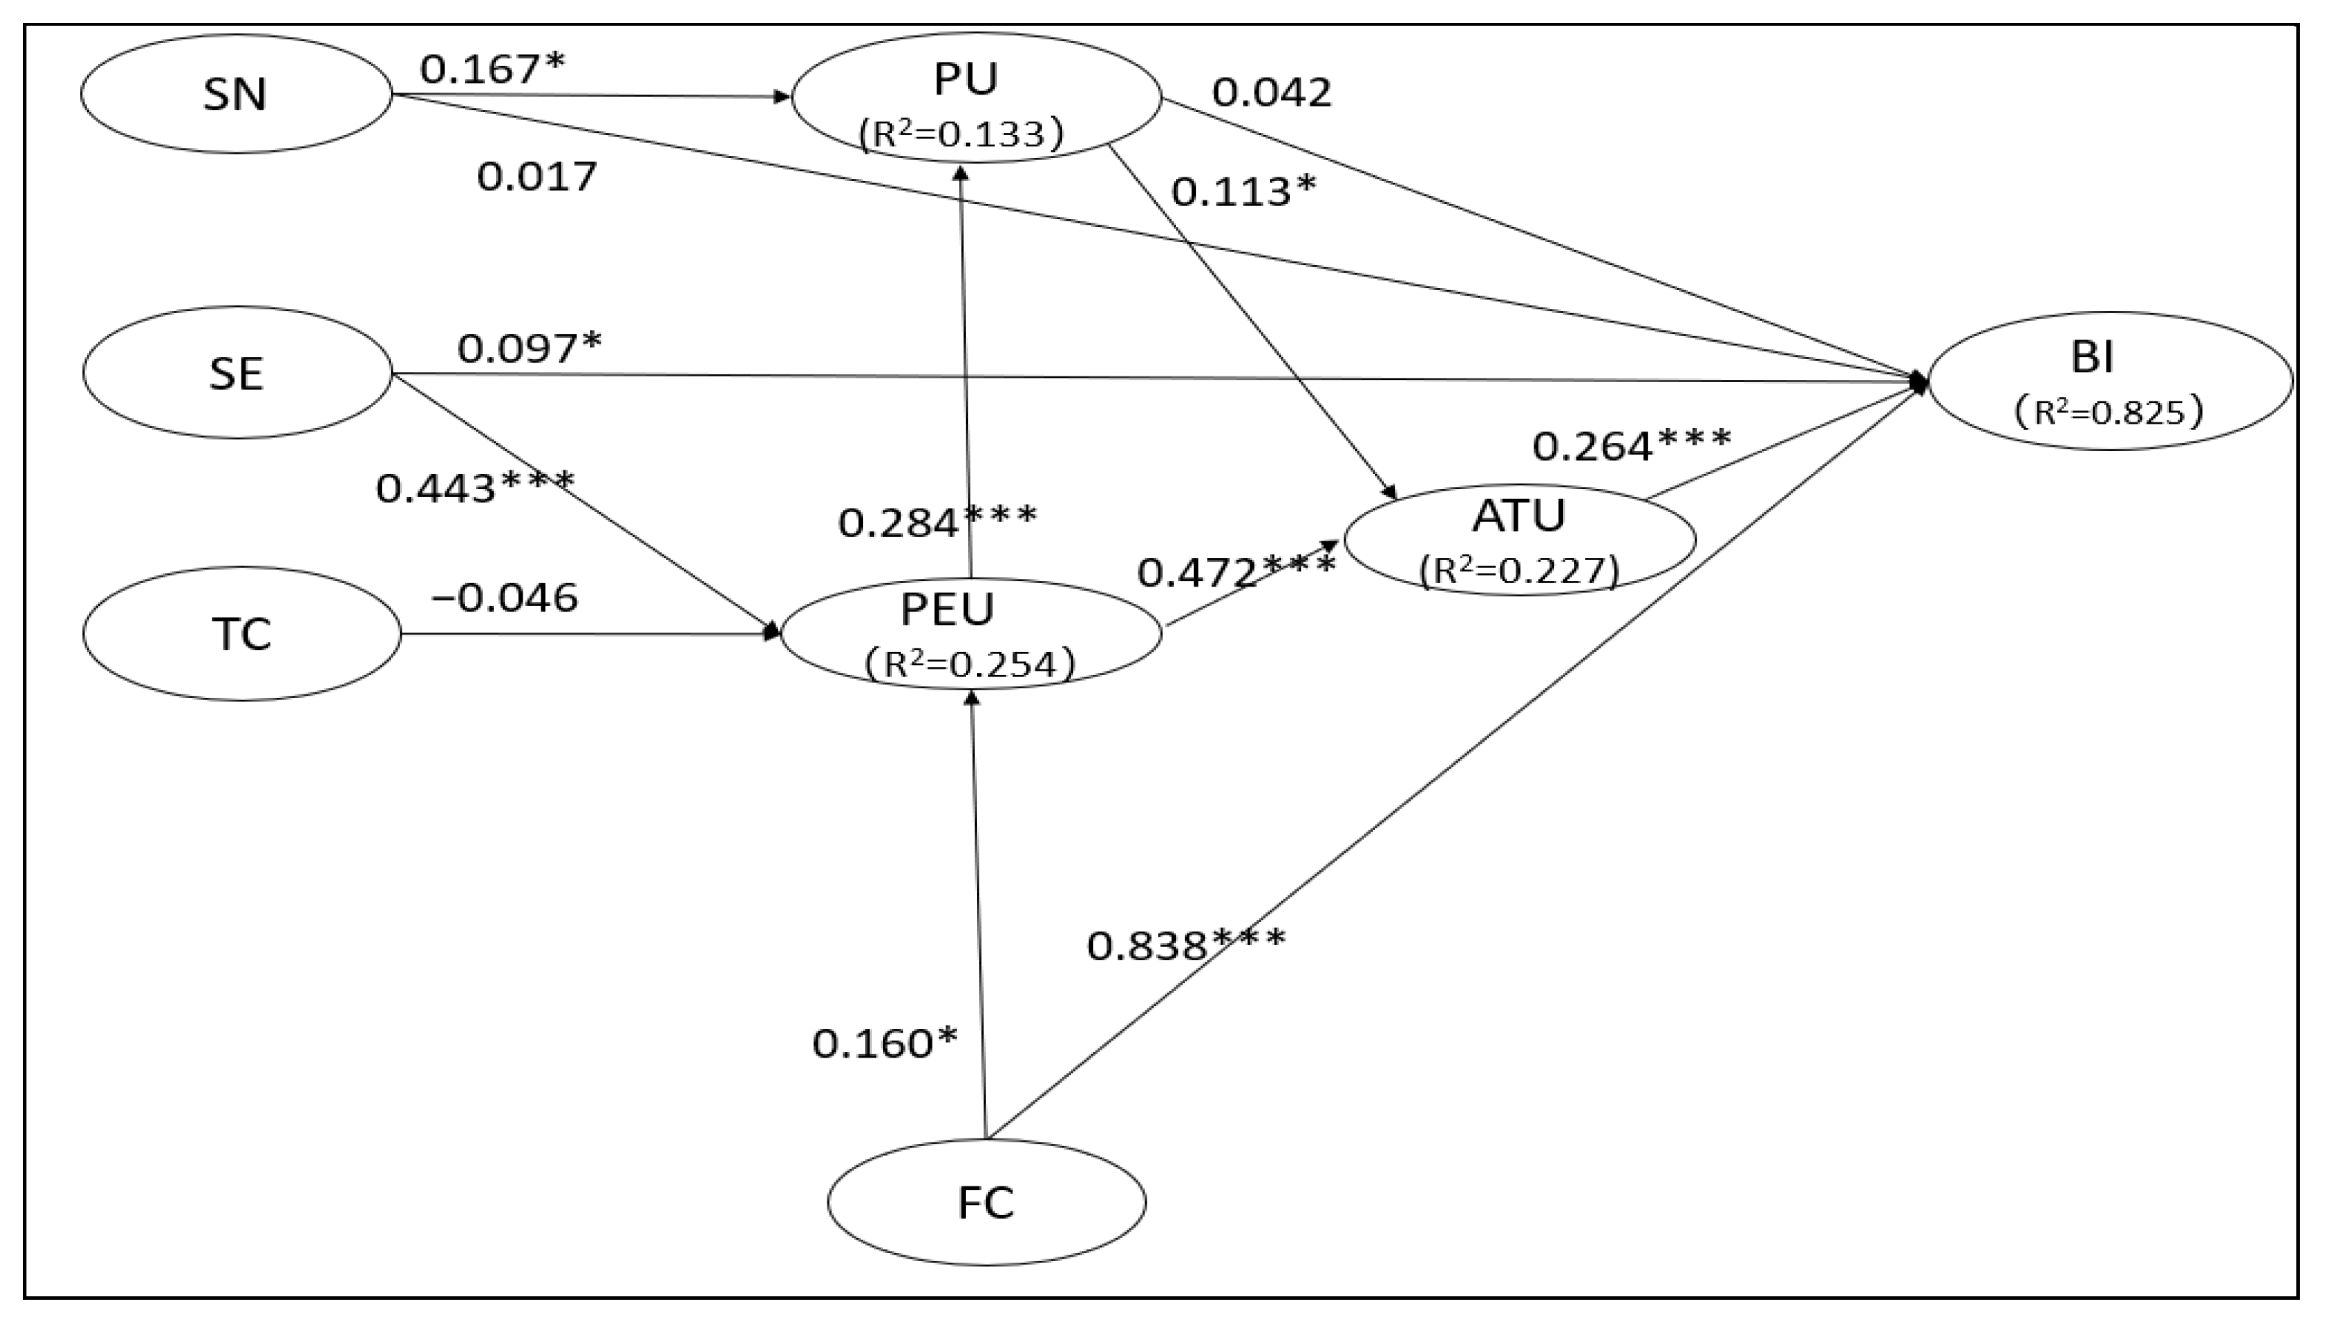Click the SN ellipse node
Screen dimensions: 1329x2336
235,94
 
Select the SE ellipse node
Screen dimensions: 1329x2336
237,372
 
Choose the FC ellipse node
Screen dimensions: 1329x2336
986,1202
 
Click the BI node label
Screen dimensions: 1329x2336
2093,356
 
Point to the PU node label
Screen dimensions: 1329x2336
966,79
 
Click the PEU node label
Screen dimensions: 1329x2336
948,610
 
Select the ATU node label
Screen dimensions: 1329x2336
1519,516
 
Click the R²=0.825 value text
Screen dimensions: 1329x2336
2108,413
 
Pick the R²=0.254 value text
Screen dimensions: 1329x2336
969,664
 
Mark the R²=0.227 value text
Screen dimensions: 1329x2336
1519,571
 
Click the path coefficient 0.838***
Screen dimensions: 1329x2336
1185,946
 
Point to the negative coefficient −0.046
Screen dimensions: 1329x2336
504,598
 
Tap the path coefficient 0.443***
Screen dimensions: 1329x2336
475,488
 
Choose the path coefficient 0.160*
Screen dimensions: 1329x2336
884,1043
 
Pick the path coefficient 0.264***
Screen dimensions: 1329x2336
1631,446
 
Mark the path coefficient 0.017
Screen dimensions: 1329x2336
537,176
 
